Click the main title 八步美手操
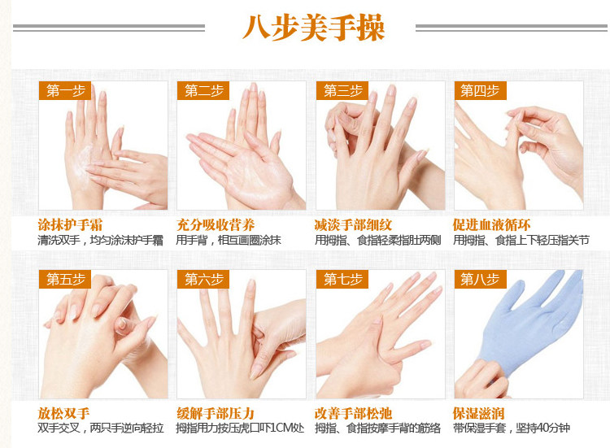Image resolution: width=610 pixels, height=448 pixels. (x=314, y=27)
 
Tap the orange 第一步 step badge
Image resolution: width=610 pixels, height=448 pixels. (x=65, y=90)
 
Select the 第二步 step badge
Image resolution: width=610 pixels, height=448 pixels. (x=203, y=90)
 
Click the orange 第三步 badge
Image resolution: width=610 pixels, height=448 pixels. (x=342, y=90)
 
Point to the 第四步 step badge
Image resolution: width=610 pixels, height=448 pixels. (x=481, y=90)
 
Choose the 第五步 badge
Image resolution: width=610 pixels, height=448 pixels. (x=65, y=279)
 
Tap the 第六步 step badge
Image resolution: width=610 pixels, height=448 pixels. (x=203, y=279)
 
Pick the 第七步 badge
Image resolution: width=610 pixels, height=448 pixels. (x=342, y=279)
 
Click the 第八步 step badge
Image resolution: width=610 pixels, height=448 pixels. (x=481, y=279)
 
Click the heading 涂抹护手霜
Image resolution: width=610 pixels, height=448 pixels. (x=70, y=225)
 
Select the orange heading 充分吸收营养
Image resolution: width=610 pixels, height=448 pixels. (x=216, y=225)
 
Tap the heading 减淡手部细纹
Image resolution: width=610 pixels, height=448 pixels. (x=353, y=225)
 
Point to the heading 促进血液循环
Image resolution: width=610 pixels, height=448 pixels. (x=492, y=225)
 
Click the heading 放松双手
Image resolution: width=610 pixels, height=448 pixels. (x=63, y=413)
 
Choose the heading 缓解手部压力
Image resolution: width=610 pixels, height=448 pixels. (x=216, y=413)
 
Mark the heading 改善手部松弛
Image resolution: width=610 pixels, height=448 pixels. (x=353, y=413)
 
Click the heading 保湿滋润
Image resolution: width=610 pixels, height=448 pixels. (x=478, y=413)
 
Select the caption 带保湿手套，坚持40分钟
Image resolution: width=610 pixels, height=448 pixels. (x=512, y=428)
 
